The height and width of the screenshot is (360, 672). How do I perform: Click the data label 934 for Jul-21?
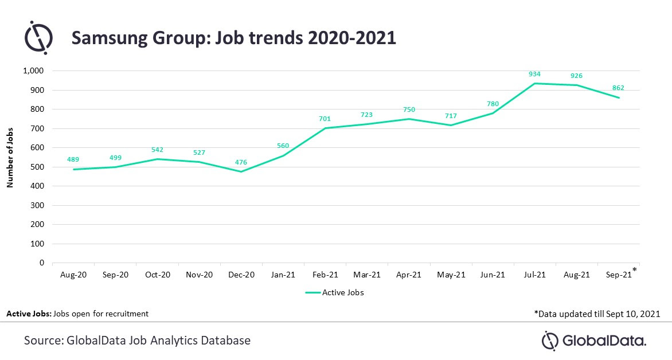point(535,74)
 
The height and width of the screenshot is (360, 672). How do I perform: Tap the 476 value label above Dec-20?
point(241,162)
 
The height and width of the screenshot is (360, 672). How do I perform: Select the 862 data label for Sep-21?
point(618,88)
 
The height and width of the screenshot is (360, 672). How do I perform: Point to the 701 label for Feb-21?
point(325,119)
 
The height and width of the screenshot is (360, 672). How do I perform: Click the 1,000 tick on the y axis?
point(33,71)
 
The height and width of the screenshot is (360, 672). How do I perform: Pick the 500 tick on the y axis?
point(37,167)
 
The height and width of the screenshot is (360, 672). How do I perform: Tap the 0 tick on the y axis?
point(42,263)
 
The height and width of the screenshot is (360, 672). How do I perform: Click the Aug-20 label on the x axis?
point(73,275)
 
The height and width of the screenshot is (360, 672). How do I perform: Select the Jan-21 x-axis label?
point(283,275)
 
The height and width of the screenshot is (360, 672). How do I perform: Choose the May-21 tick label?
point(451,275)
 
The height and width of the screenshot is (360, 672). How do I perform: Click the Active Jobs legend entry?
point(335,292)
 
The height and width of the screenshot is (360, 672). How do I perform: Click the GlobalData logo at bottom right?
point(594,341)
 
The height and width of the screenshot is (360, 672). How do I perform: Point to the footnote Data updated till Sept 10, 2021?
point(596,314)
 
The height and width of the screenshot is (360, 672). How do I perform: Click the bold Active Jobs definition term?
point(28,314)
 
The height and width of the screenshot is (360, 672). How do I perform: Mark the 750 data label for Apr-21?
point(409,109)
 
